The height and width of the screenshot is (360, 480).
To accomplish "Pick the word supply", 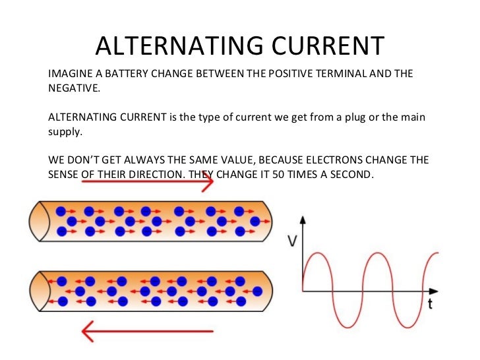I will click(x=65, y=132).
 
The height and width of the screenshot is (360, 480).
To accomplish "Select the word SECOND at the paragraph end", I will click(x=351, y=175).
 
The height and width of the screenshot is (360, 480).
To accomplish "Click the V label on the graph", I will click(x=291, y=241).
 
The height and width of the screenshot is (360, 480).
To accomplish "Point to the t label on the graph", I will click(x=429, y=304).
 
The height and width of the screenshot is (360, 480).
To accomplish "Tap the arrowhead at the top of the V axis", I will click(x=303, y=220).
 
